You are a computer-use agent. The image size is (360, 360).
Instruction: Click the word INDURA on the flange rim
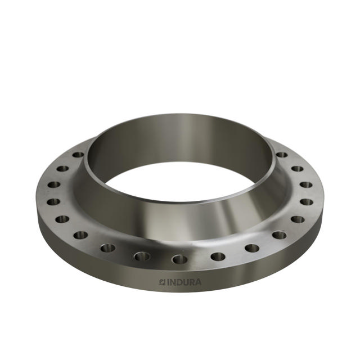pyautogui.click(x=183, y=282)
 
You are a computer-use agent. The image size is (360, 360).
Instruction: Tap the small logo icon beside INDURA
pyautogui.click(x=162, y=282)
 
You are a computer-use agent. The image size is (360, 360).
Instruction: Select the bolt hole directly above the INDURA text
pyautogui.click(x=179, y=259)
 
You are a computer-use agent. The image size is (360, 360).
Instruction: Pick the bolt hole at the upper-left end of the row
pyautogui.click(x=78, y=154)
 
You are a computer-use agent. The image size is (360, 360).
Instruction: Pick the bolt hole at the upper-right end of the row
pyautogui.click(x=281, y=154)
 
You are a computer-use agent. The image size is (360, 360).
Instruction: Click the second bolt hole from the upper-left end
pyautogui.click(x=62, y=168)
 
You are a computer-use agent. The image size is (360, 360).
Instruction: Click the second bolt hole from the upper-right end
pyautogui.click(x=297, y=168)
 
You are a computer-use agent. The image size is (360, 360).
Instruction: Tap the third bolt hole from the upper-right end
pyautogui.click(x=306, y=184)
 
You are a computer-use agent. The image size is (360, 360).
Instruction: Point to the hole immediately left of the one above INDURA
pyautogui.click(x=142, y=256)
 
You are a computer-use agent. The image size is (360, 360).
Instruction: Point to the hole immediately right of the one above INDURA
pyautogui.click(x=218, y=257)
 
